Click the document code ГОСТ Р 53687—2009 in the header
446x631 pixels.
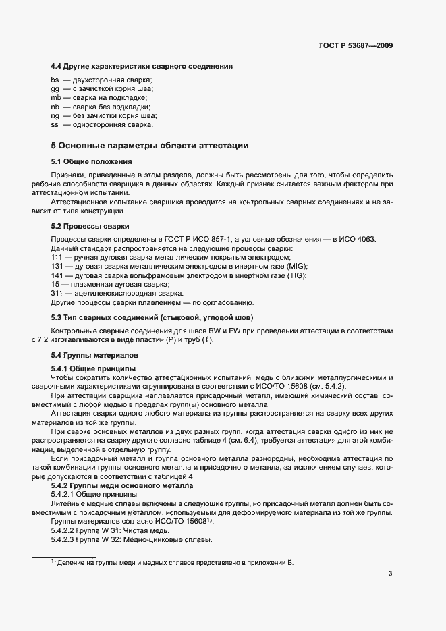click(356, 46)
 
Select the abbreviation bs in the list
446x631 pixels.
click(55, 80)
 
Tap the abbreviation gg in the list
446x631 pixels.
click(55, 89)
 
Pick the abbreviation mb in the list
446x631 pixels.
click(55, 98)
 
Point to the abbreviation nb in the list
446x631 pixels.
click(55, 107)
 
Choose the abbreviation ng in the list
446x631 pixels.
click(55, 115)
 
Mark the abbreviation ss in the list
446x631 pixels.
click(55, 124)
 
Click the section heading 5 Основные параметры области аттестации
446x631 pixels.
click(150, 145)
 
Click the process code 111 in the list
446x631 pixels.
click(57, 258)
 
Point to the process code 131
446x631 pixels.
click(57, 267)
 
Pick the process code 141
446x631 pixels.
click(57, 275)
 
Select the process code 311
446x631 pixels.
click(57, 294)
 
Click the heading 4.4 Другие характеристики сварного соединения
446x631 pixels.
click(142, 66)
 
